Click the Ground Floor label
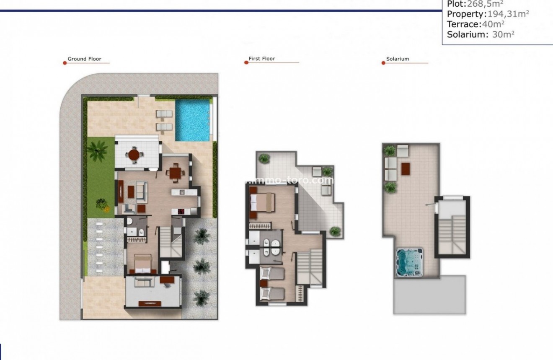tap(84, 59)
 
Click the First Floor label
tap(262, 59)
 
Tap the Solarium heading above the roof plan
tap(398, 59)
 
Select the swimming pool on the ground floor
tap(192, 120)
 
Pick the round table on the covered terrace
tap(134, 155)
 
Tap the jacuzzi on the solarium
tap(409, 262)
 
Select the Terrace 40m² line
tap(475, 24)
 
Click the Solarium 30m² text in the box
tap(481, 35)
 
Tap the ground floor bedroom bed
tap(142, 264)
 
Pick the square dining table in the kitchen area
tap(174, 173)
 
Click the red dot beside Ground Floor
tap(65, 63)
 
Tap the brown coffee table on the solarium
tap(406, 168)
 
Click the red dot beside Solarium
tap(383, 63)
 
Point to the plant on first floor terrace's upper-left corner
tap(264, 158)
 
